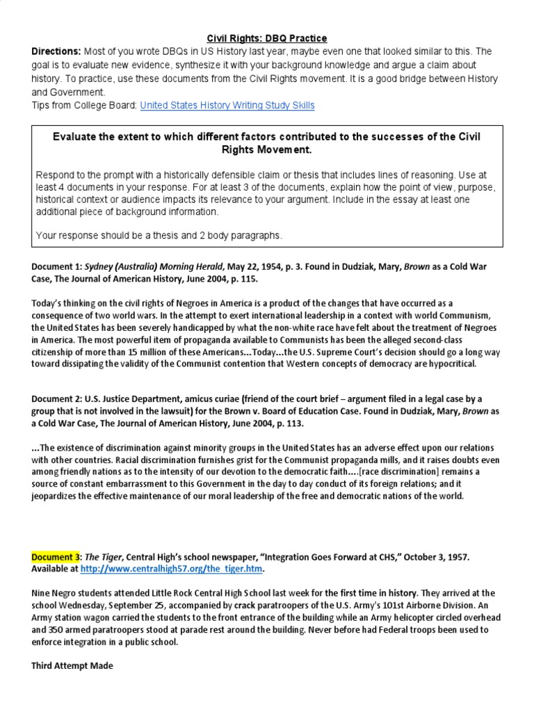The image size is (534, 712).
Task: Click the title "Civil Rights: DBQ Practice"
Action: [267, 38]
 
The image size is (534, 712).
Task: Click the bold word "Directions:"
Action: [56, 52]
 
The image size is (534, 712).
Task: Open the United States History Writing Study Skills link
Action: [227, 105]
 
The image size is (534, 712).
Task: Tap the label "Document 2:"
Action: [58, 398]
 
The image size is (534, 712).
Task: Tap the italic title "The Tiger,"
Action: [102, 557]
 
